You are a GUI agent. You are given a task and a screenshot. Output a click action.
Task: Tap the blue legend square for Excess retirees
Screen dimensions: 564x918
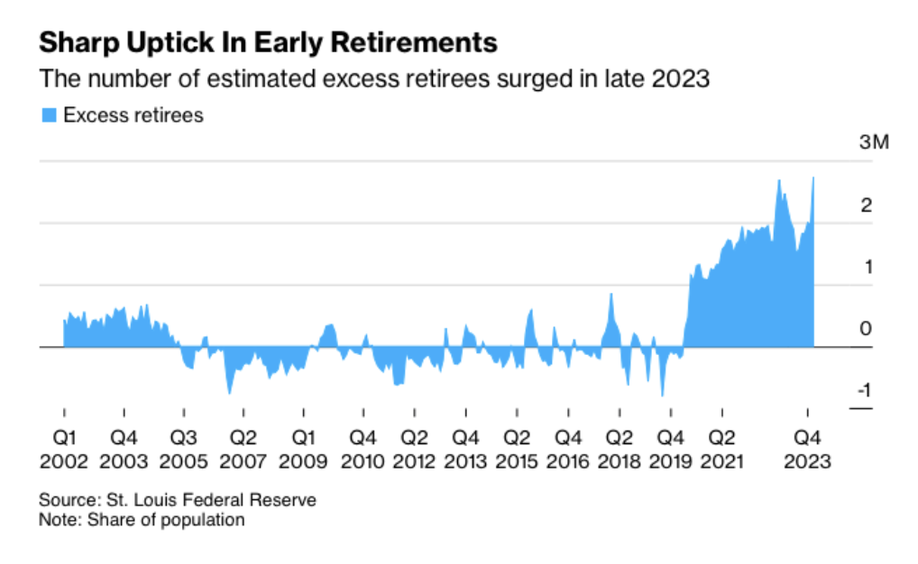click(x=50, y=115)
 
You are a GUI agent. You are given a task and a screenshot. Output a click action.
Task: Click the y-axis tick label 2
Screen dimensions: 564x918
click(x=867, y=205)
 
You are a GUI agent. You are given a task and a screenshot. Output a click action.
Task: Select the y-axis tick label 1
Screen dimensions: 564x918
click(x=867, y=268)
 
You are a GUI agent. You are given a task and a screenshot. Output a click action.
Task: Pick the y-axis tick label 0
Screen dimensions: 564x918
click(x=866, y=329)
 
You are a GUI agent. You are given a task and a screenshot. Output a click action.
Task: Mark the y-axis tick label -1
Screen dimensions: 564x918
click(x=863, y=391)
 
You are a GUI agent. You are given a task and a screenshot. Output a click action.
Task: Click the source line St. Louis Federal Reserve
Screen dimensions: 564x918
click(x=178, y=499)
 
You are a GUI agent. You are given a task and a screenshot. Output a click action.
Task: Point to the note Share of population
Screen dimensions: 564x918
click(x=142, y=520)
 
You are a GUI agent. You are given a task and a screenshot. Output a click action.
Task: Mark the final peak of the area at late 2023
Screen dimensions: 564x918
click(x=813, y=177)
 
